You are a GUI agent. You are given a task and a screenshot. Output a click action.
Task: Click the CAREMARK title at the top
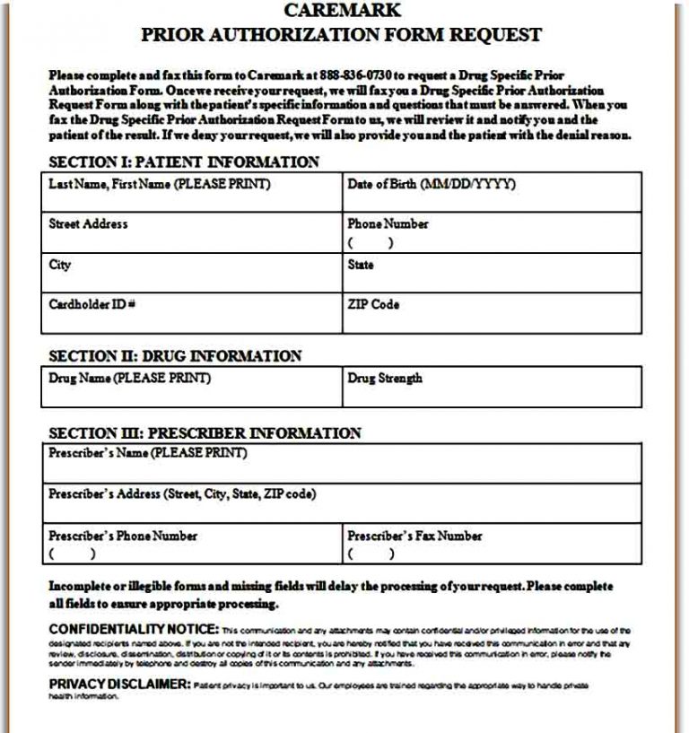342,11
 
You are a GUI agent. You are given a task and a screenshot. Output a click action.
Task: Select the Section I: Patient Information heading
183,162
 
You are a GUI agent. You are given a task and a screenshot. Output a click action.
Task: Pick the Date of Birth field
492,192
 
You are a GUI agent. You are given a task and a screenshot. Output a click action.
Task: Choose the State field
492,273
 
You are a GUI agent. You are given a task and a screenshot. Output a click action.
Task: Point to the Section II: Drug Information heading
174,355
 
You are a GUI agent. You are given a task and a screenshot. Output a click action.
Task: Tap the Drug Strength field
492,387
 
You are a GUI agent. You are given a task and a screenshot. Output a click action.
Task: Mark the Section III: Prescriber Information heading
205,433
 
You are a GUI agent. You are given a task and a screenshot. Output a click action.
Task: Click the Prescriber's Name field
342,463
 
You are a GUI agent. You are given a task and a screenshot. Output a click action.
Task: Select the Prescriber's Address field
342,503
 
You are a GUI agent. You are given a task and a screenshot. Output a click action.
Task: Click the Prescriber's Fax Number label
414,536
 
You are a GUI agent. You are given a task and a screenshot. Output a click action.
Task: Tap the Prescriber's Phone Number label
123,536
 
